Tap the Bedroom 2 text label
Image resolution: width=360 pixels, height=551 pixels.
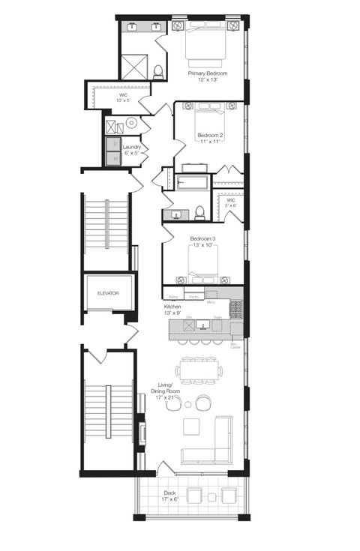210,139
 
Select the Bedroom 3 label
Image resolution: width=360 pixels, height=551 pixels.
202,241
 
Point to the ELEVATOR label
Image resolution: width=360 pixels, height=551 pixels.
108,293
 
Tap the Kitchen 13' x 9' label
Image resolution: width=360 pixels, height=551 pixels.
173,310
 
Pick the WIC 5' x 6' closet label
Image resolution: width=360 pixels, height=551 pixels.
232,204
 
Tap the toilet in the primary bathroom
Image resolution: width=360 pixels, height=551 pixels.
158,72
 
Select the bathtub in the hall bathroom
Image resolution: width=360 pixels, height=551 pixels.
193,181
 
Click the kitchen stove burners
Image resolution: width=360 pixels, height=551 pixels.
235,308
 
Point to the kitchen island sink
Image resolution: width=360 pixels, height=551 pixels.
202,325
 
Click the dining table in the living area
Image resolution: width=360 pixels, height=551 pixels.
200,370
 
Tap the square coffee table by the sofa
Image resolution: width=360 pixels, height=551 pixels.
191,427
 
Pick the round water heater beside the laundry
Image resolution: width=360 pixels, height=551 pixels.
130,122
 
